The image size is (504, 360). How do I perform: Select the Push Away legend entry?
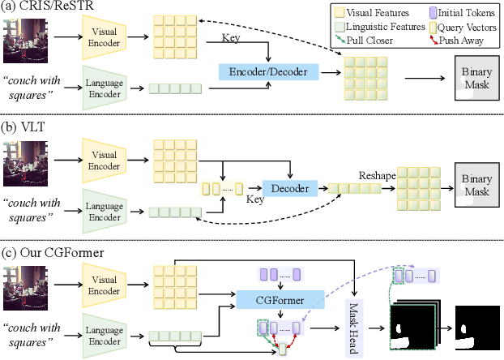click(x=465, y=38)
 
